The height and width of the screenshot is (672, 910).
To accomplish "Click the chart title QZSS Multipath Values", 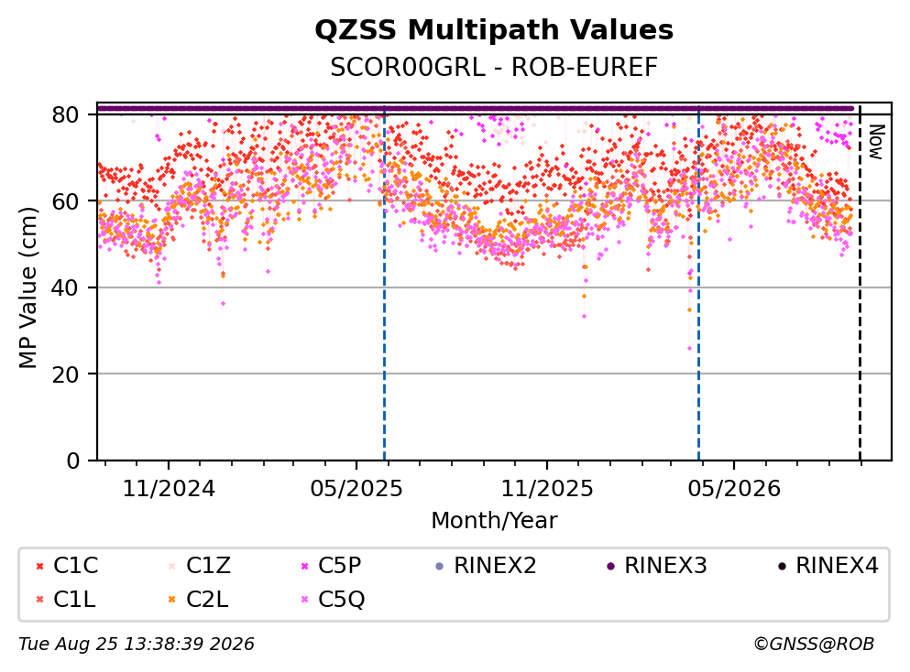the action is [494, 30].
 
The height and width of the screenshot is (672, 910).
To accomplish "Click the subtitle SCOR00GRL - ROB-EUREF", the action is [494, 67].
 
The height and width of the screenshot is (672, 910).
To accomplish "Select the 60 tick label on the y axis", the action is [66, 201].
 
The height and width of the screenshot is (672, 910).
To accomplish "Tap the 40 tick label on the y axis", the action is [66, 287].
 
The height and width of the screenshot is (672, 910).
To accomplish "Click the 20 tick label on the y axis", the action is [66, 374].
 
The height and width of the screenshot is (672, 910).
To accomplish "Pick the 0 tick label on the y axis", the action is [73, 461].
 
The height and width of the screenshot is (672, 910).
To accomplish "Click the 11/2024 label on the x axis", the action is [169, 489].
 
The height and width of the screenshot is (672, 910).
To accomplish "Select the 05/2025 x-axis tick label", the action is [356, 489].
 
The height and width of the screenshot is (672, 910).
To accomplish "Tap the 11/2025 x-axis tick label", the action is [547, 489].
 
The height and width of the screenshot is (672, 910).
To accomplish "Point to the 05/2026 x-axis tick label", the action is [734, 489].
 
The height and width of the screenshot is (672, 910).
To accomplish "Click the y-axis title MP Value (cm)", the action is [28, 287].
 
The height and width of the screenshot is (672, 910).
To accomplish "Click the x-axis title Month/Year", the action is [494, 521].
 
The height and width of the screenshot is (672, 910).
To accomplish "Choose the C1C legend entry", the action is [67, 565].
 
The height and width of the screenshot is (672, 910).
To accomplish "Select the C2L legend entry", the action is [198, 600].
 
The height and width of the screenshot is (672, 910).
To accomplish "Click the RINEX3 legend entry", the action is [656, 565].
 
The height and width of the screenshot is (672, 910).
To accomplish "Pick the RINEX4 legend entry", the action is [828, 565].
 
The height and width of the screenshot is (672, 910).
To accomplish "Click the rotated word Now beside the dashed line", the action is [876, 142].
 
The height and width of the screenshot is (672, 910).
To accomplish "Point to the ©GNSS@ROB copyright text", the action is [814, 645].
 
